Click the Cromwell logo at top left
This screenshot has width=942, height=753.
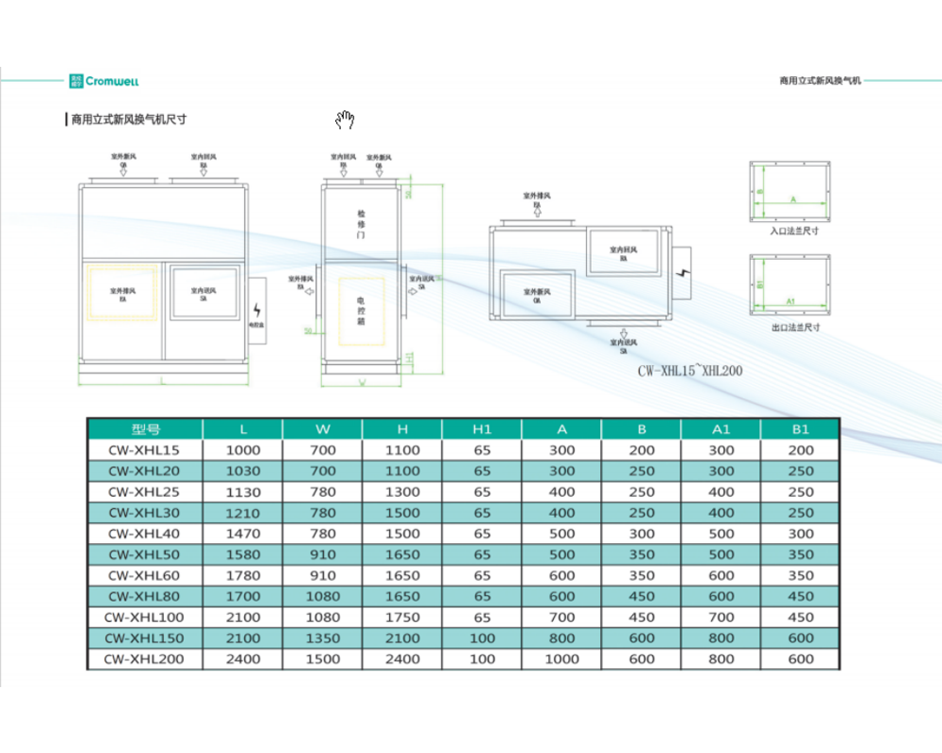click(x=105, y=81)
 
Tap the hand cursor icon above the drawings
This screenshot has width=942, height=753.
click(x=346, y=120)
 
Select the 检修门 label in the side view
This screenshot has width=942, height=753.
click(x=361, y=225)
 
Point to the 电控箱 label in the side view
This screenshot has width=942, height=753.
click(x=361, y=310)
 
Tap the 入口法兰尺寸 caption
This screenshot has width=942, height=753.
click(x=793, y=230)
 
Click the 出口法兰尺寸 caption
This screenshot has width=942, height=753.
click(x=793, y=328)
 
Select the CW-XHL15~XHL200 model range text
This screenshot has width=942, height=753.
click(x=690, y=371)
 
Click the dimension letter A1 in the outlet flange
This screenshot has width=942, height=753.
click(x=791, y=300)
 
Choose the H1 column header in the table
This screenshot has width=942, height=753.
click(x=481, y=429)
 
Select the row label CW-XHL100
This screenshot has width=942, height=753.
click(x=146, y=617)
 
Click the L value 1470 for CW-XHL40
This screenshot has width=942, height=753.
click(x=243, y=534)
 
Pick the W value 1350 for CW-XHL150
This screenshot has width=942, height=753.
click(x=322, y=638)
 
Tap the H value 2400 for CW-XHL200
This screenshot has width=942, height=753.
click(x=402, y=659)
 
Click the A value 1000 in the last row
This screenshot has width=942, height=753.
click(x=561, y=659)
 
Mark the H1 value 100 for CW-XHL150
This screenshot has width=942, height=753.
click(x=481, y=638)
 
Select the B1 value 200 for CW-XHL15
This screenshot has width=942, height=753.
click(x=801, y=450)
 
